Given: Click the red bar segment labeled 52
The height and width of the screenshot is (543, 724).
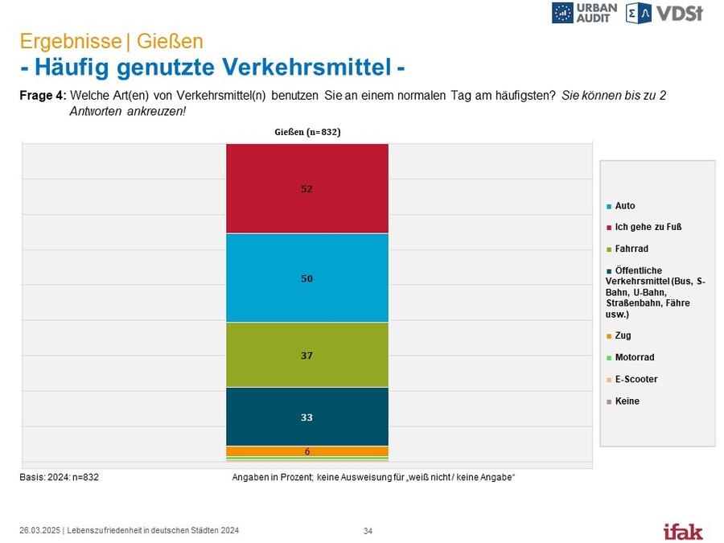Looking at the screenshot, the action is (x=307, y=188).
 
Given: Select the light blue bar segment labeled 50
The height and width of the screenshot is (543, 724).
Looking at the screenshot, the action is (x=307, y=278).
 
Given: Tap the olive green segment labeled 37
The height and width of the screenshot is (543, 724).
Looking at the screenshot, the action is (x=307, y=355).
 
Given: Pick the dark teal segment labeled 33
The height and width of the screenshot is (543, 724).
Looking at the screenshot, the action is (x=307, y=417).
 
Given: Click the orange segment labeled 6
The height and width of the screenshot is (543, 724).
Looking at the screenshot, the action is (x=307, y=451).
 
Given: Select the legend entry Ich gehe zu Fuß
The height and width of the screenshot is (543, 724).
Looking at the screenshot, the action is (x=644, y=227).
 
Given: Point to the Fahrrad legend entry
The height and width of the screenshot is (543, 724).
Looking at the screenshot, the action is (x=627, y=249).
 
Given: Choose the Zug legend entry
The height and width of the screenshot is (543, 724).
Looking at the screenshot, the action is (x=619, y=335).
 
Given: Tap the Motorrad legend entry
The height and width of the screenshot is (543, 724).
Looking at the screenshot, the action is (x=630, y=357).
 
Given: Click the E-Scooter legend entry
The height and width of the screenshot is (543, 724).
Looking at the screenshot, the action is (x=631, y=379).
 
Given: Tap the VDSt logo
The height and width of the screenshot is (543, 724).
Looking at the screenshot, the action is (x=664, y=13).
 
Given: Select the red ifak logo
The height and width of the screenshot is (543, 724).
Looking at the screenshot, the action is (x=683, y=532).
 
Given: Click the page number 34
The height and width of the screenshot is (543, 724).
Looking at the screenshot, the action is (x=368, y=531).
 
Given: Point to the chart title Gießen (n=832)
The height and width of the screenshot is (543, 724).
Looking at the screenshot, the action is (x=307, y=132).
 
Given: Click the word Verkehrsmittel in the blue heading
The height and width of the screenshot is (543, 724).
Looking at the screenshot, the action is (x=253, y=67).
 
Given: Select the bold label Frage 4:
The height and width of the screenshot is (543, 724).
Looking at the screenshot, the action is (x=43, y=96).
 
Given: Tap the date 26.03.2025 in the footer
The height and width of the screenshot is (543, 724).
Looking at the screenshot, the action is (x=39, y=531).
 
